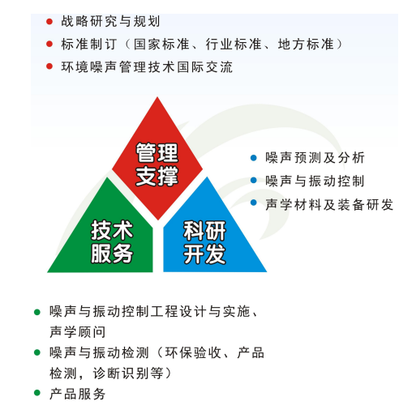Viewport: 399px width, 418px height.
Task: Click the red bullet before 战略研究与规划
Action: pos(49,22)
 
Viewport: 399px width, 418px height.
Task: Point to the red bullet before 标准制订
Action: pos(49,44)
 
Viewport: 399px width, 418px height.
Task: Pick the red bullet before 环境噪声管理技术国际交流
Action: pos(49,66)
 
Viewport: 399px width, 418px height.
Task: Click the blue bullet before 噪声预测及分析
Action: pos(254,158)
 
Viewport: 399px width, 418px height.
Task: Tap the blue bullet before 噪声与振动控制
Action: pos(254,181)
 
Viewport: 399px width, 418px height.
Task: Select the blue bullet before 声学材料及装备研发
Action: pos(254,203)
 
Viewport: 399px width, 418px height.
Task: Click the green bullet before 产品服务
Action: pos(37,393)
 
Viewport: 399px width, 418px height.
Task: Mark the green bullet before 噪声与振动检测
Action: pos(37,352)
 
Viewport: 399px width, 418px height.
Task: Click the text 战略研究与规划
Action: pos(110,22)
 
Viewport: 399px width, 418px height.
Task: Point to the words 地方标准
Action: pos(306,45)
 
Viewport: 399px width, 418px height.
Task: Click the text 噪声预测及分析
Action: pos(315,158)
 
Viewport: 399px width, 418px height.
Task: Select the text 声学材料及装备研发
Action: pos(329,205)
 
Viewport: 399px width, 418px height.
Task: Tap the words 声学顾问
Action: pos(77,332)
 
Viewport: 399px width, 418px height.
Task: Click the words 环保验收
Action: pos(193,352)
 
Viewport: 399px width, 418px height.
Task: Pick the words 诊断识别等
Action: pos(128,373)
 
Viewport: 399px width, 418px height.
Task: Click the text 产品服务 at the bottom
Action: pos(77,394)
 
